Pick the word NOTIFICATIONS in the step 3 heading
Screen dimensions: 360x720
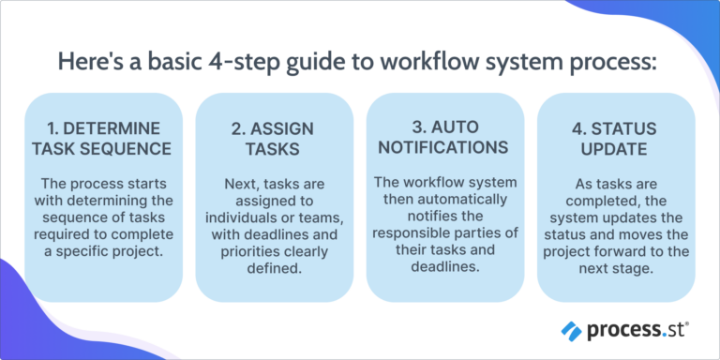click(445, 147)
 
